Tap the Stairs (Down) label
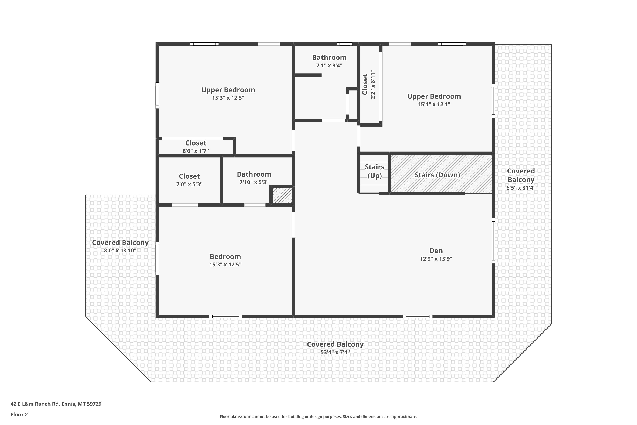click(x=437, y=175)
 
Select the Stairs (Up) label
click(x=375, y=171)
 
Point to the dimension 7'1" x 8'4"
click(x=329, y=65)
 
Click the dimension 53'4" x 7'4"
click(x=335, y=352)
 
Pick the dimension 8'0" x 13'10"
click(x=120, y=251)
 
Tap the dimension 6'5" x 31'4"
click(x=521, y=188)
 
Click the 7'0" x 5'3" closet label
click(x=189, y=184)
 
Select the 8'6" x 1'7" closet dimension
click(x=196, y=151)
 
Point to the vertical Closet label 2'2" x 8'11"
click(x=369, y=85)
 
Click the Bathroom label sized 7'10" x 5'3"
click(x=254, y=174)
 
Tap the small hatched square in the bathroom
click(x=282, y=196)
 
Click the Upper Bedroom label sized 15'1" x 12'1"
click(x=434, y=96)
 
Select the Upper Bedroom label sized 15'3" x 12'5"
click(x=228, y=90)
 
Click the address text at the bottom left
click(x=56, y=404)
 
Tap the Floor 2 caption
click(x=19, y=414)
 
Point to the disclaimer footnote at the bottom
click(x=318, y=416)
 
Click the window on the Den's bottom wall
click(x=417, y=316)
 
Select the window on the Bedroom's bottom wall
click(x=225, y=316)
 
